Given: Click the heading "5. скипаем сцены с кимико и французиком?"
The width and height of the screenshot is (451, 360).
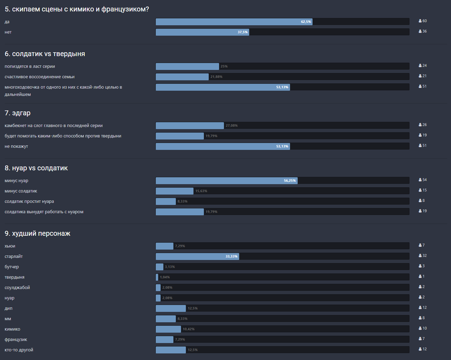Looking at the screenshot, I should coord(77,9).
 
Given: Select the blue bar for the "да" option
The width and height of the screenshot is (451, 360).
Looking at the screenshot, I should coord(234,22).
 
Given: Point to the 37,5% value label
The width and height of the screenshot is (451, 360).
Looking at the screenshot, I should coord(243,32).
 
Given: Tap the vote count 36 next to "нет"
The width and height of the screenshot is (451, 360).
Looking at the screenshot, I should coord(424,31).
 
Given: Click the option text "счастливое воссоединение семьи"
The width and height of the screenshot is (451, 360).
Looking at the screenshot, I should coord(39,77).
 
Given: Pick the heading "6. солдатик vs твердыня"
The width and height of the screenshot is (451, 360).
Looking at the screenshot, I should coord(45,54).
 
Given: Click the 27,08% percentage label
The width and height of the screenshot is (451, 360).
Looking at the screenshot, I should coord(232,126).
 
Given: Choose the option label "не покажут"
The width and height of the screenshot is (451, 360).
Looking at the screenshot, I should coord(16,146).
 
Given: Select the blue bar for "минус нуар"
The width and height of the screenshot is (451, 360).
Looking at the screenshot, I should coord(226,181).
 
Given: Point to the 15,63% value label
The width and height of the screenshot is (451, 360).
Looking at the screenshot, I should coord(201,191).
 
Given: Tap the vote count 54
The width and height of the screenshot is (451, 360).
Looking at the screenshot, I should coord(424,180).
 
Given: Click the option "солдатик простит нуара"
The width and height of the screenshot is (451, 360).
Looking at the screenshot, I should coord(29,201).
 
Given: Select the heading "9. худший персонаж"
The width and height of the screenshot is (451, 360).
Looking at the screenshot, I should coord(37,234).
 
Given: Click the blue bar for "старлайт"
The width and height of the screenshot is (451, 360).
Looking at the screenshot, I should coord(197,256).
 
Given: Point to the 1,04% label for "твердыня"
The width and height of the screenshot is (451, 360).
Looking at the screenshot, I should coord(165,277).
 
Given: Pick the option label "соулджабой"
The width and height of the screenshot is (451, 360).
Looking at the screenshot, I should coord(17,288).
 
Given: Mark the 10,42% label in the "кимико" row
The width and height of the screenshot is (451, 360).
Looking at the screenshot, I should coord(189,329).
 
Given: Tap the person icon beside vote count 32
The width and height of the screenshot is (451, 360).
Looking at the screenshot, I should coord(420,256).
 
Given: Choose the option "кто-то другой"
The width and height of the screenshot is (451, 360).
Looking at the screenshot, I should coord(19,350).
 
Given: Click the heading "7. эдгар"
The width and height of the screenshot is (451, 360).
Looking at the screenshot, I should coord(18,113).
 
